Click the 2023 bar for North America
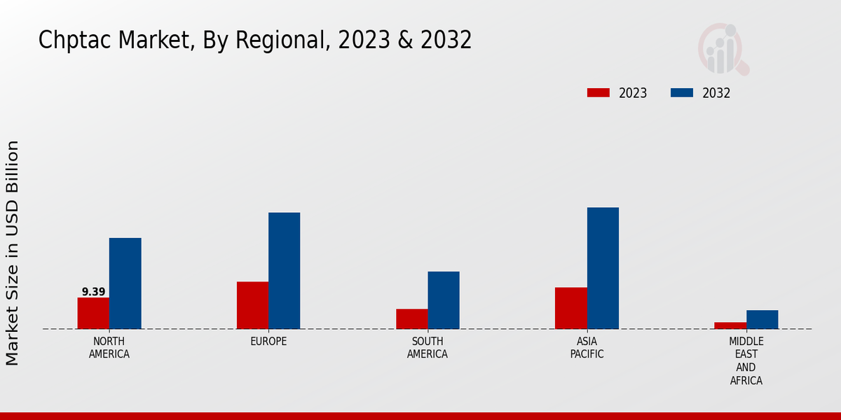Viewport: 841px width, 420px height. pos(93,313)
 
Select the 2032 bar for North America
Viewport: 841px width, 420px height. pos(125,283)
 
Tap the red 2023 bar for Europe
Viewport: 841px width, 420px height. pos(252,305)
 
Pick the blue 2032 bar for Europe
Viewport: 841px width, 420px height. pos(284,271)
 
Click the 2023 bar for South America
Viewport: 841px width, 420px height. pos(411,318)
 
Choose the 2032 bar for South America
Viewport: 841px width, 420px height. pos(444,300)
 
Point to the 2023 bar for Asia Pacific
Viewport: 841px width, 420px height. pos(570,308)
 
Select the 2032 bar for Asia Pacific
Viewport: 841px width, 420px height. pos(603,268)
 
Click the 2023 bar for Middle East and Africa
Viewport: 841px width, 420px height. pos(730,325)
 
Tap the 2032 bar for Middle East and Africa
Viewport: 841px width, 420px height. pos(762,319)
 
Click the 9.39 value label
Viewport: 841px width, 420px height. pos(93,292)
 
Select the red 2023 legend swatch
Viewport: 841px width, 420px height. pos(598,93)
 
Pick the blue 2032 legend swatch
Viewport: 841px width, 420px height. pos(682,93)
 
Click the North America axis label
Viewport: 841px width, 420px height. pos(109,348)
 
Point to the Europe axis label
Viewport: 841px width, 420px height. pos(268,342)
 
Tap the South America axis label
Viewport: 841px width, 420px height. pos(428,348)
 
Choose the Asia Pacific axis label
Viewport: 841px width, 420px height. pos(587,348)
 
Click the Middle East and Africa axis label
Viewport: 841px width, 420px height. pos(746,361)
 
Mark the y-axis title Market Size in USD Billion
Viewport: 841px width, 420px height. pos(13,253)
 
